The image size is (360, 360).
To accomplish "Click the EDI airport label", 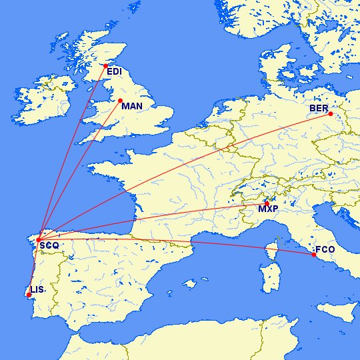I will pos(115,71).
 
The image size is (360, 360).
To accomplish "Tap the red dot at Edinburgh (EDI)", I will pos(105,65).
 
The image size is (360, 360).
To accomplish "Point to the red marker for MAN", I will pos(120,101).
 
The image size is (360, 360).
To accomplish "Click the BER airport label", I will pos(318,108).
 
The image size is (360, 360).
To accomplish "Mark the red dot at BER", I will pos(330,114).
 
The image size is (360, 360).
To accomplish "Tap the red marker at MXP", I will pos(267,203).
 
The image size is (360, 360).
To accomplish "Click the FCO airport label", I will pos(325,250).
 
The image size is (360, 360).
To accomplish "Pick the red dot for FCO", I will pos(313,254).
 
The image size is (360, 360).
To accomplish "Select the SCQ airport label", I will pos(49,246).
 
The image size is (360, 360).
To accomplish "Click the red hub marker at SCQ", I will pos(39,239).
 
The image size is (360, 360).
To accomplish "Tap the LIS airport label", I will pos(37,290).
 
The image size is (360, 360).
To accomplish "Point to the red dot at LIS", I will pos(29,295).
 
